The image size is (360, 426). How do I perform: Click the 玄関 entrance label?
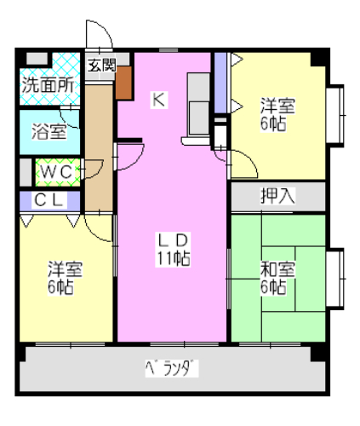(102, 66)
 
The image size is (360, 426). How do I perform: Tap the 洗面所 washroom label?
(48, 84)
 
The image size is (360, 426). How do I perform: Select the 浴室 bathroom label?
(49, 131)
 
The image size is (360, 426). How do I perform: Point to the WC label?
(56, 171)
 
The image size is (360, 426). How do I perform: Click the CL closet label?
(49, 200)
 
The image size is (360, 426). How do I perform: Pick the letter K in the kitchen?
(158, 100)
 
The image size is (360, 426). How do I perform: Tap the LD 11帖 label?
(173, 249)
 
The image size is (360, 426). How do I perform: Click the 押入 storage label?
(277, 196)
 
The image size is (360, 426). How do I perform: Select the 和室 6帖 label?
(277, 278)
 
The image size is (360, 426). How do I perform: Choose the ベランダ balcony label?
(172, 368)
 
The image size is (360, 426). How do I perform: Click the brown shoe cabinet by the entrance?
(123, 83)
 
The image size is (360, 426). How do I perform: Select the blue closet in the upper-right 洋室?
(220, 83)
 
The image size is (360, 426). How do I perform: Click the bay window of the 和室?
(335, 279)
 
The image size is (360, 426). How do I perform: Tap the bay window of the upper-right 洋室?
(335, 115)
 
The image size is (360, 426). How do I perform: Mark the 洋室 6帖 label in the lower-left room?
(65, 278)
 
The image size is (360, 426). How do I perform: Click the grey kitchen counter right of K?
(198, 105)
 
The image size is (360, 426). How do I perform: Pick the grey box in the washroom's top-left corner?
(37, 59)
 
